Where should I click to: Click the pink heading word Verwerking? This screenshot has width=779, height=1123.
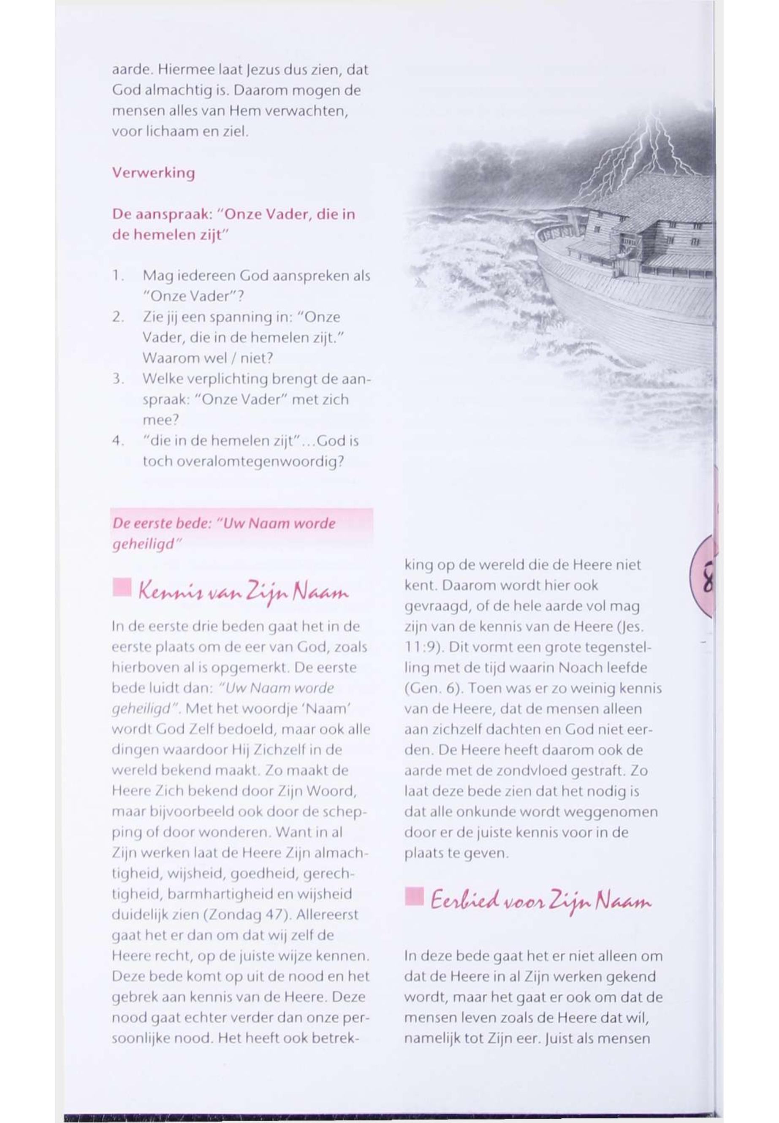click(x=153, y=173)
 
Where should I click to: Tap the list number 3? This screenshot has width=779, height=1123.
click(x=117, y=379)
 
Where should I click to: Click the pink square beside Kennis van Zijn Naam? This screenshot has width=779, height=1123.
click(x=122, y=588)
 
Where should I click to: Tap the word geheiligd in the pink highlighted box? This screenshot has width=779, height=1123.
click(x=143, y=545)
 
